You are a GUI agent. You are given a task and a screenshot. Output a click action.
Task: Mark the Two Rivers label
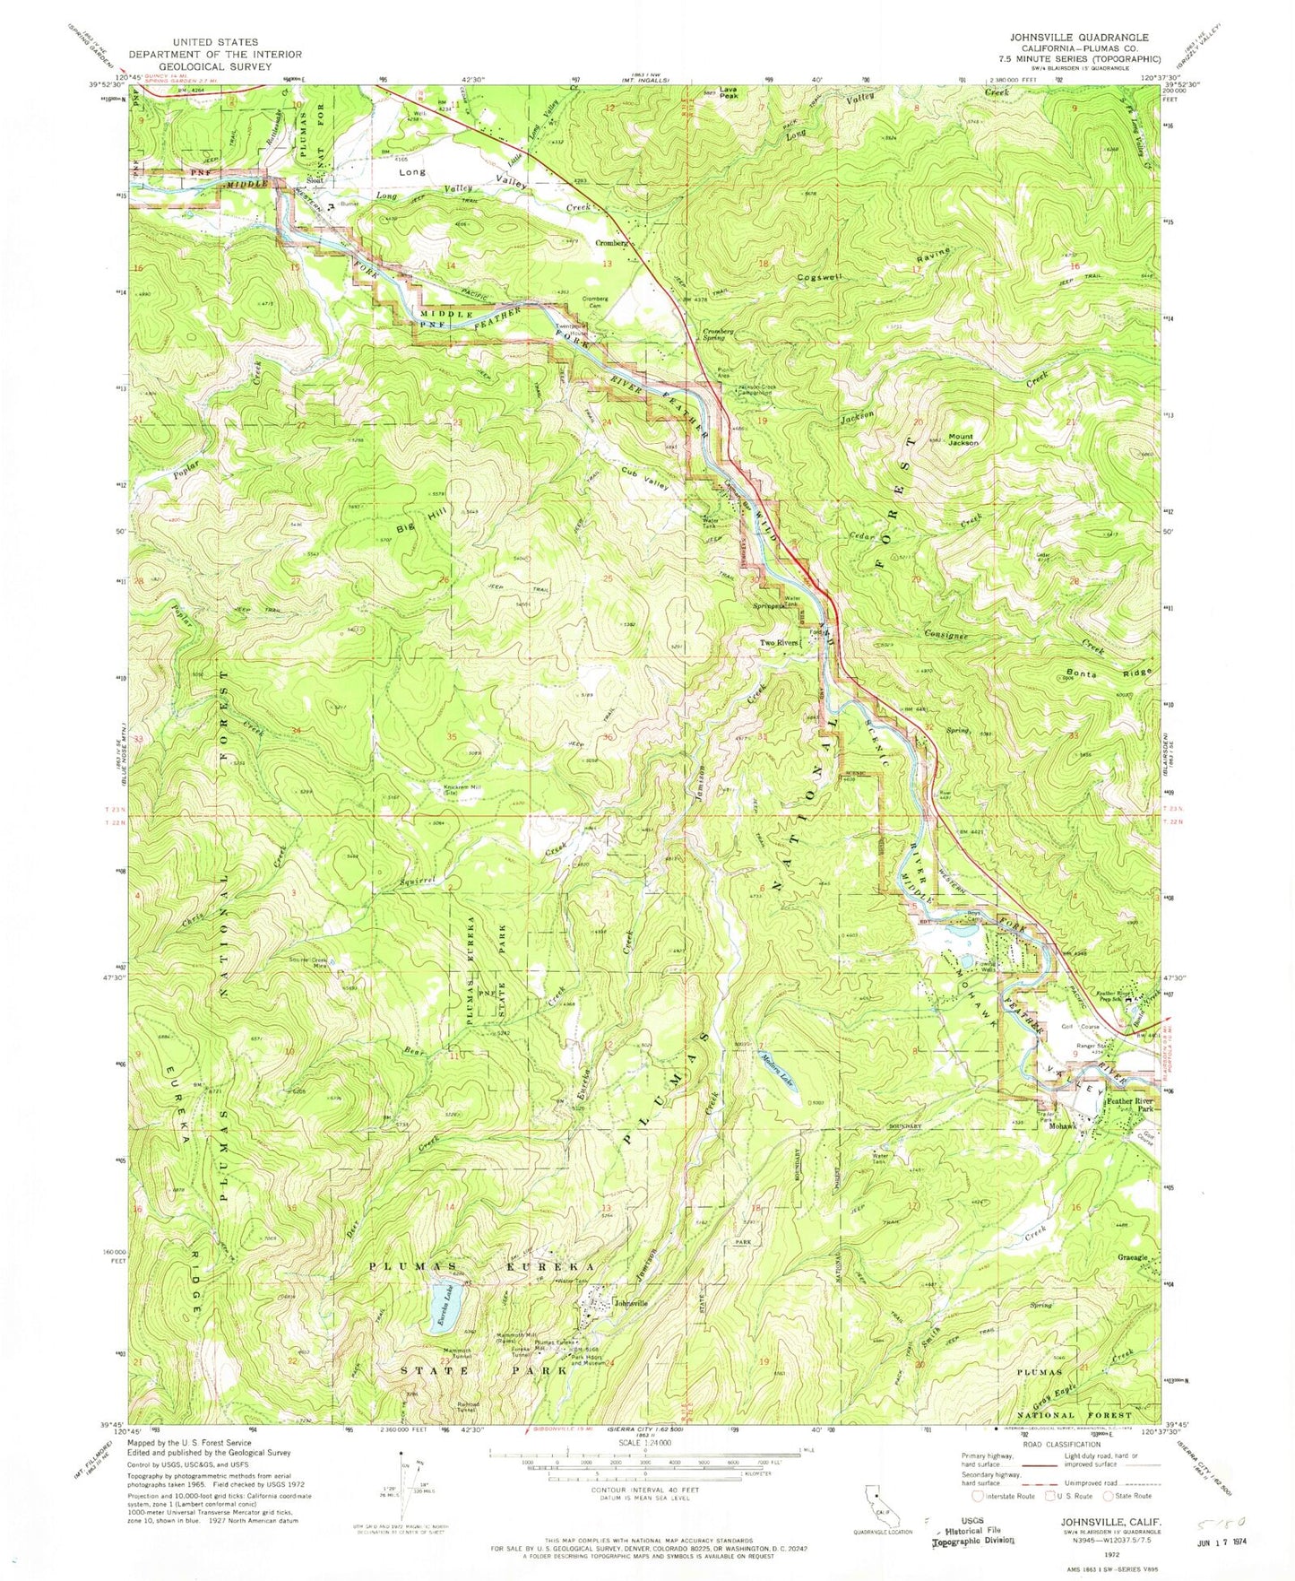[779, 642]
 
